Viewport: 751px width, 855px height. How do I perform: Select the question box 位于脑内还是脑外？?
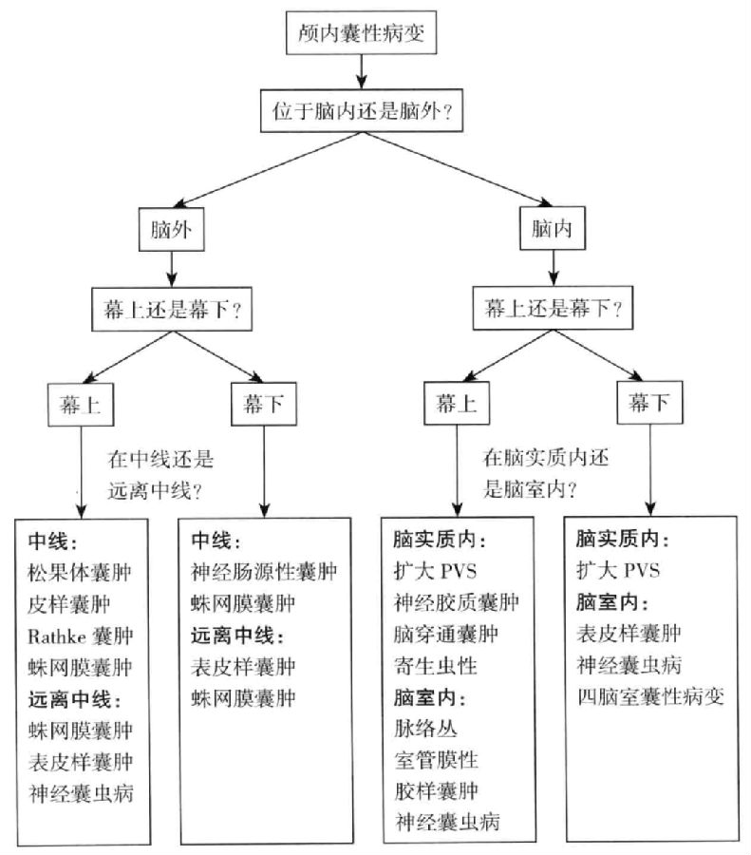362,111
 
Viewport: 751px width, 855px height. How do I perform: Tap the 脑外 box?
171,231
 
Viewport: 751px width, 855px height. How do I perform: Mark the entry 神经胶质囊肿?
456,603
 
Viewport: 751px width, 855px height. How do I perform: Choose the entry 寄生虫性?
441,666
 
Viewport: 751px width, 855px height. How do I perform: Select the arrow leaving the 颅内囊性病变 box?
362,72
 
